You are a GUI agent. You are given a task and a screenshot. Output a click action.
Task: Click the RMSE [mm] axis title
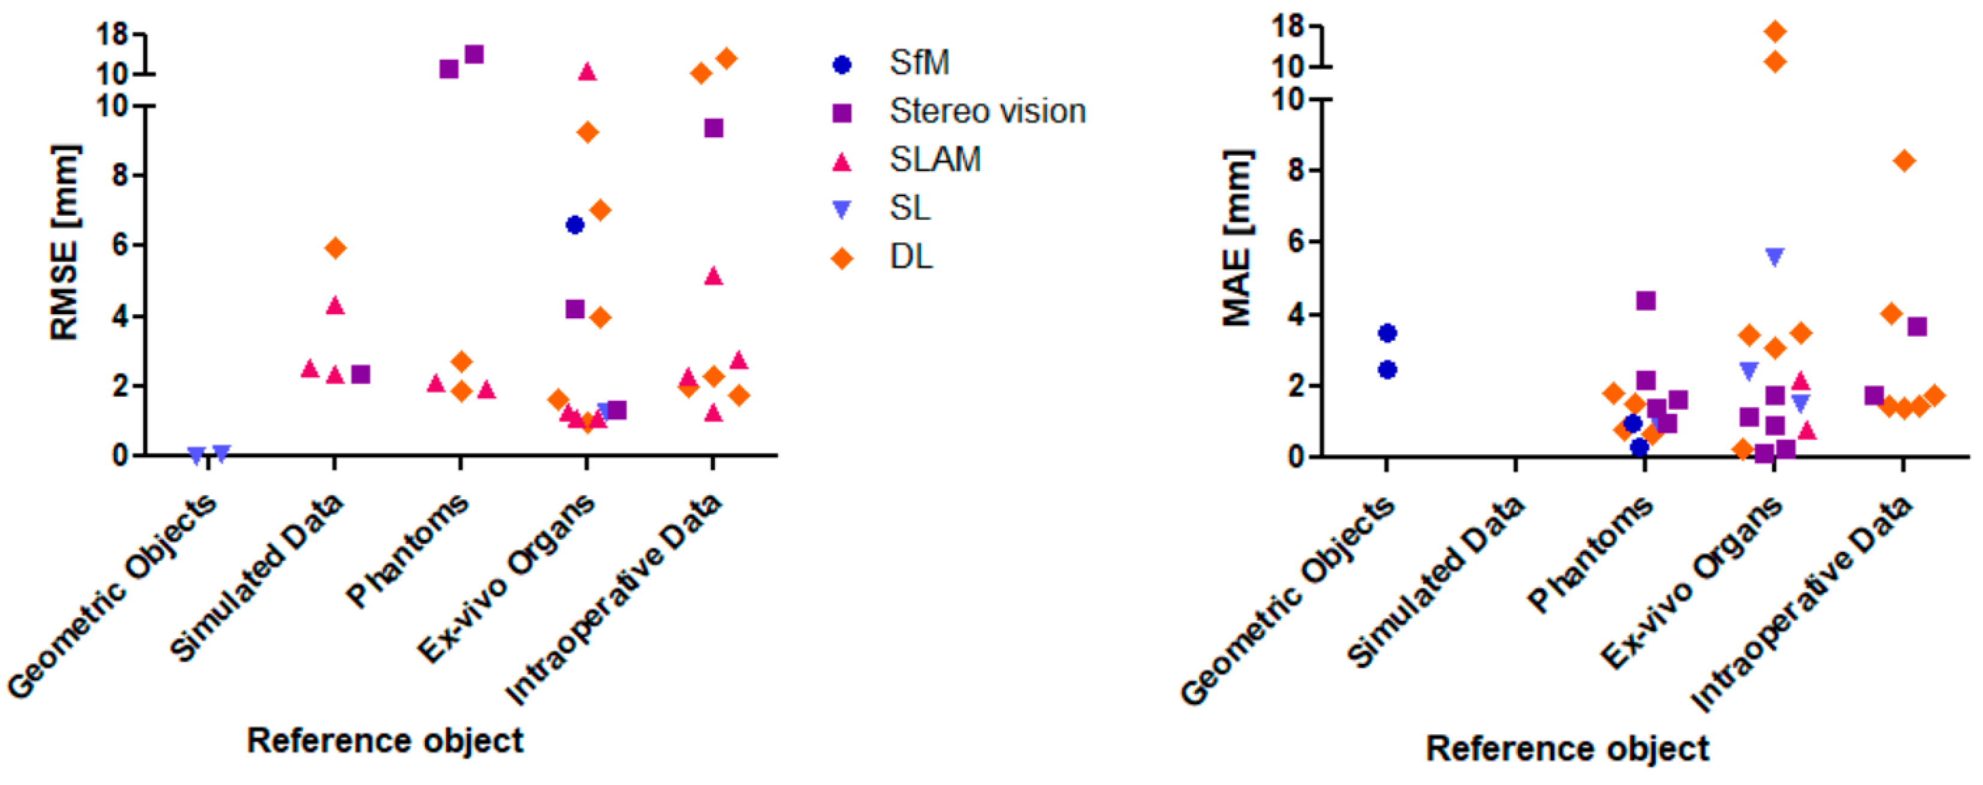65,243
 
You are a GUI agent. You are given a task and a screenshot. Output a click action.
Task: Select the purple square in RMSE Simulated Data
361,375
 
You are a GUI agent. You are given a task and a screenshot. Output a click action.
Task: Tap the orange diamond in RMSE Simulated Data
336,248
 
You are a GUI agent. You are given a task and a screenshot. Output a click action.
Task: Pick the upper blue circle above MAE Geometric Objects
1388,333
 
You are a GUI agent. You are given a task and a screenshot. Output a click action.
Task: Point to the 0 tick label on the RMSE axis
119,455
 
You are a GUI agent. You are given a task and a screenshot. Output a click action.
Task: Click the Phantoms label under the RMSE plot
408,550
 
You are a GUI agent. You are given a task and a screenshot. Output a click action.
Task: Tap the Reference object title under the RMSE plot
385,741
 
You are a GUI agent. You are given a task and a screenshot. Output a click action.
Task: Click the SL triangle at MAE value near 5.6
1775,257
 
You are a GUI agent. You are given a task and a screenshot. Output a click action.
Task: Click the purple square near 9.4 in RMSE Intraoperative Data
714,128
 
